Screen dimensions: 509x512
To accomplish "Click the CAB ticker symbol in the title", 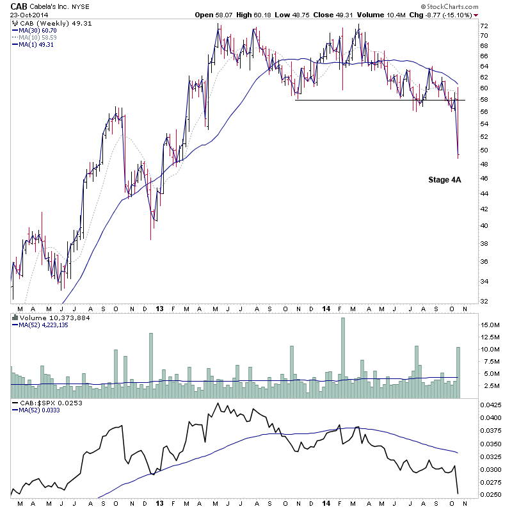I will coord(19,6).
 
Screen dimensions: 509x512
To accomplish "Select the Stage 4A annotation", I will coord(444,180).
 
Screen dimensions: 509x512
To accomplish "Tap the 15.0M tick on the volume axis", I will coord(490,325).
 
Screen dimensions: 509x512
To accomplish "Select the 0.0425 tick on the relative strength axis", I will coord(492,405).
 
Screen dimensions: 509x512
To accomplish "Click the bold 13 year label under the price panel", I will coord(158,309).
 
